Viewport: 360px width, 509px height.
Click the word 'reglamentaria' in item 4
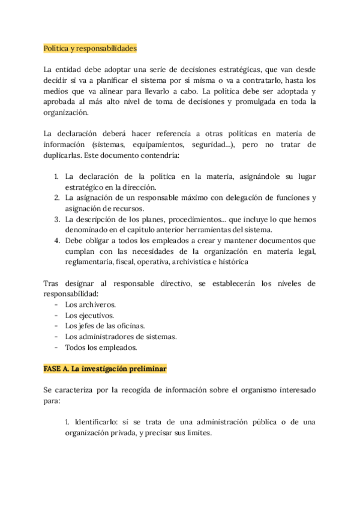(x=91, y=262)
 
